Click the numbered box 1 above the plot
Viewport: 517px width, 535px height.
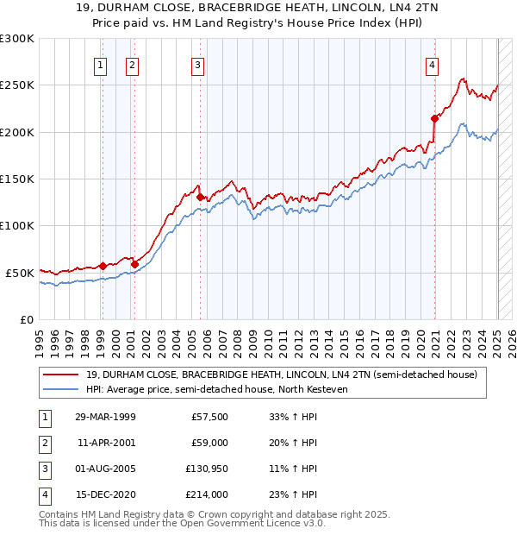coord(101,64)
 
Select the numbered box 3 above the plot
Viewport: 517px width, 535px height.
coord(197,64)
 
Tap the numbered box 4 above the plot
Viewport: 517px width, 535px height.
coord(431,64)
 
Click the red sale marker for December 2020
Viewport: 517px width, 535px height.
coord(434,119)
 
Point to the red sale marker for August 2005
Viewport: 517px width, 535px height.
coord(200,197)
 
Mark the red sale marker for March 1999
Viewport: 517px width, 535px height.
coord(103,266)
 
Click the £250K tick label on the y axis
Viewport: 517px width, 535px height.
coord(17,85)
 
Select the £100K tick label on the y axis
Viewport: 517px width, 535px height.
coord(17,225)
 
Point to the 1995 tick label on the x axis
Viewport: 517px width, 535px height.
coord(40,337)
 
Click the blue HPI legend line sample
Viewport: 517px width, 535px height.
coord(61,390)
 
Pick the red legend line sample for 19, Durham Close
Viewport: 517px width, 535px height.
coord(61,374)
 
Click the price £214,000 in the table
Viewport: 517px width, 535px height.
coord(208,494)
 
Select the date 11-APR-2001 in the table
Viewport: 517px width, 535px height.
coord(107,443)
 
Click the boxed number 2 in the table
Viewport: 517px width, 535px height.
coord(44,443)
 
